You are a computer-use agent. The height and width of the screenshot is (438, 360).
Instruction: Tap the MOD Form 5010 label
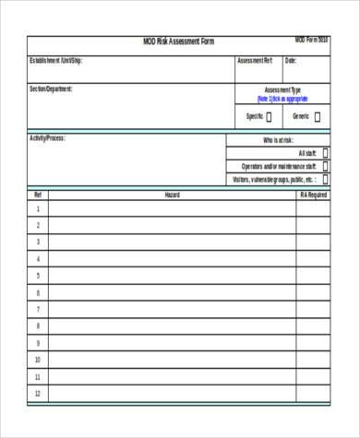click(x=311, y=41)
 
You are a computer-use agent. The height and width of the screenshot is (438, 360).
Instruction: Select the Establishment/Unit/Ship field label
click(x=56, y=61)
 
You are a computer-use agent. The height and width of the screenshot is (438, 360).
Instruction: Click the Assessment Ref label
click(x=255, y=61)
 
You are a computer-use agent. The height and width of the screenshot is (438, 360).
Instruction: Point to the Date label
click(x=290, y=61)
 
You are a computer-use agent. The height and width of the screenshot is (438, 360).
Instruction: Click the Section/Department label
click(x=51, y=89)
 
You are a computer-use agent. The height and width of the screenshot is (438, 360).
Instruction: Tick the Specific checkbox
click(x=269, y=117)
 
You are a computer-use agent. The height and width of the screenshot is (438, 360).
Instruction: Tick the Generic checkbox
click(x=317, y=117)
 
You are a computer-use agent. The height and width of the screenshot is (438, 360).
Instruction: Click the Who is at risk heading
click(x=278, y=140)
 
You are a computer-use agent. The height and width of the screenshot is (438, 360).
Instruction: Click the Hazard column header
click(x=172, y=195)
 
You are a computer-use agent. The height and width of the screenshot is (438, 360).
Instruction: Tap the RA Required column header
click(x=313, y=195)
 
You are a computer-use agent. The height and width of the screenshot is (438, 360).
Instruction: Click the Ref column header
click(x=38, y=195)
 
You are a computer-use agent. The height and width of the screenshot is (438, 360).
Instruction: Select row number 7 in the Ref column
click(x=38, y=309)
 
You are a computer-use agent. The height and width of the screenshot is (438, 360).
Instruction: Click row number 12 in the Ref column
click(x=38, y=393)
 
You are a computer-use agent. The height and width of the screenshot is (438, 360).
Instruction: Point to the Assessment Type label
click(x=282, y=90)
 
